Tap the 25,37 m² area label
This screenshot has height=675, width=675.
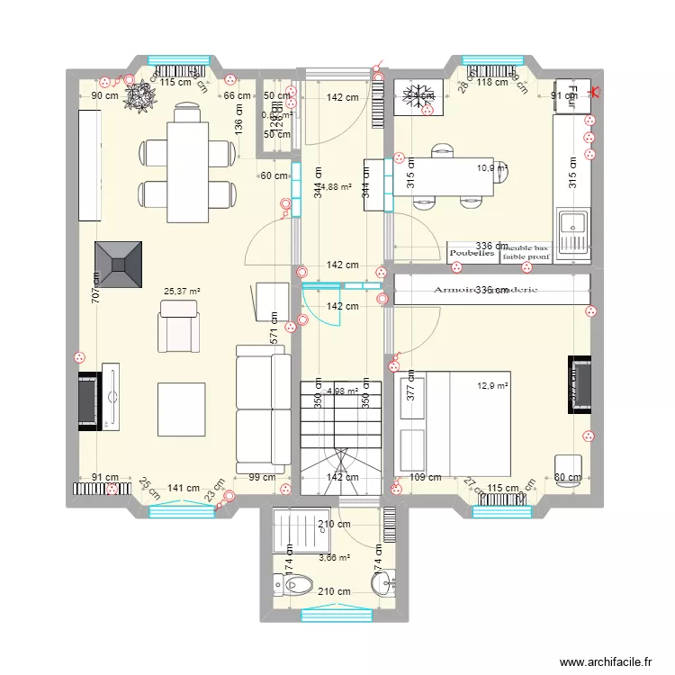(x=182, y=292)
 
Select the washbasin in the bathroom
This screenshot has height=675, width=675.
(x=382, y=586)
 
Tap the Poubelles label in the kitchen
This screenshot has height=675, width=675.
(x=472, y=254)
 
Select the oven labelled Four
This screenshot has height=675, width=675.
(x=570, y=95)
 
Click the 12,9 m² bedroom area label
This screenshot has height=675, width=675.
(x=492, y=386)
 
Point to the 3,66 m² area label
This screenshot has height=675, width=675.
(x=334, y=558)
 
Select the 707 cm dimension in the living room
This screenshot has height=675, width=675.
(x=94, y=285)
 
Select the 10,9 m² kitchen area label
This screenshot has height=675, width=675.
(x=491, y=167)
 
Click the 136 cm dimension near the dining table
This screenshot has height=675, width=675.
(x=238, y=130)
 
